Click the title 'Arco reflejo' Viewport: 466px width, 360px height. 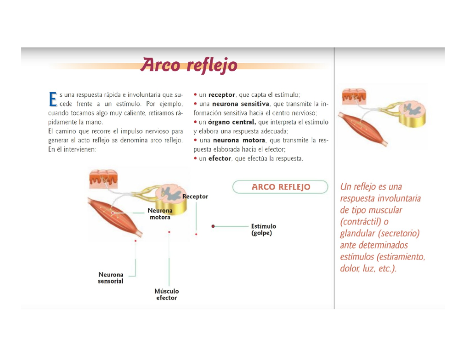coord(189,65)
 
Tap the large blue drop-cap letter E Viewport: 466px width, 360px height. coord(53,99)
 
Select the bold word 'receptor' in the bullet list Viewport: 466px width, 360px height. coord(221,95)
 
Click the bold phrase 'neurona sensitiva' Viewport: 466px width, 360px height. coord(241,104)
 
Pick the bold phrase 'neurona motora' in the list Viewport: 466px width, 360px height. coord(239,140)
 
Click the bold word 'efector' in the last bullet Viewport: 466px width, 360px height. coord(219,158)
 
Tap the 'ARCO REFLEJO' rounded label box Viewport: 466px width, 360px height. coord(280,187)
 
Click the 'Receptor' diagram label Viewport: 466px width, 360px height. coord(195,197)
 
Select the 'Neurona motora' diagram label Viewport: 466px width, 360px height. coord(160,214)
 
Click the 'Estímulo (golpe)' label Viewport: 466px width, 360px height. coord(263,230)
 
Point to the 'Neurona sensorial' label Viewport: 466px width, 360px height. coord(111,278)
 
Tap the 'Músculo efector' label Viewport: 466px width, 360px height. coord(167,294)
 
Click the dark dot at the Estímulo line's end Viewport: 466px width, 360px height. coord(213,226)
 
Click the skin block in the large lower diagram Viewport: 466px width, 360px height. coord(103,179)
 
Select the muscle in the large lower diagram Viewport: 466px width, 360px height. coord(115,217)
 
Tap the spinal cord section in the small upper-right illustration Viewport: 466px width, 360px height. coord(412,114)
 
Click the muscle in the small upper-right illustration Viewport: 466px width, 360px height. coord(363,129)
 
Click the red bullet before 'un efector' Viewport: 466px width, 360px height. coord(195,158)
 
